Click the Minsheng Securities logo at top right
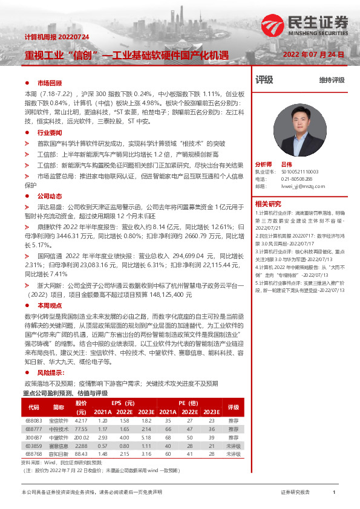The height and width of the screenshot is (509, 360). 306,25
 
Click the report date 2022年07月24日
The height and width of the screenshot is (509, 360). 314,54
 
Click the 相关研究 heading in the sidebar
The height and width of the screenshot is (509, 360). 267,203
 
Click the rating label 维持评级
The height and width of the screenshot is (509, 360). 332,80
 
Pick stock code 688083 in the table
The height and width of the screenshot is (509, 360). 33,420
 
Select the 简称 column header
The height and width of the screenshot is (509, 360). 59,407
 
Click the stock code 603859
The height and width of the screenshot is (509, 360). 33,444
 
